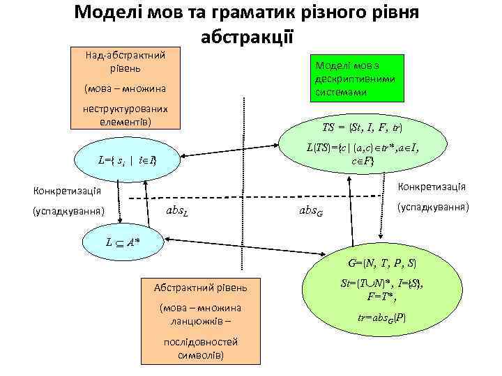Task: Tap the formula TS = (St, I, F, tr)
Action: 362,128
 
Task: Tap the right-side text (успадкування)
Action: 432,207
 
